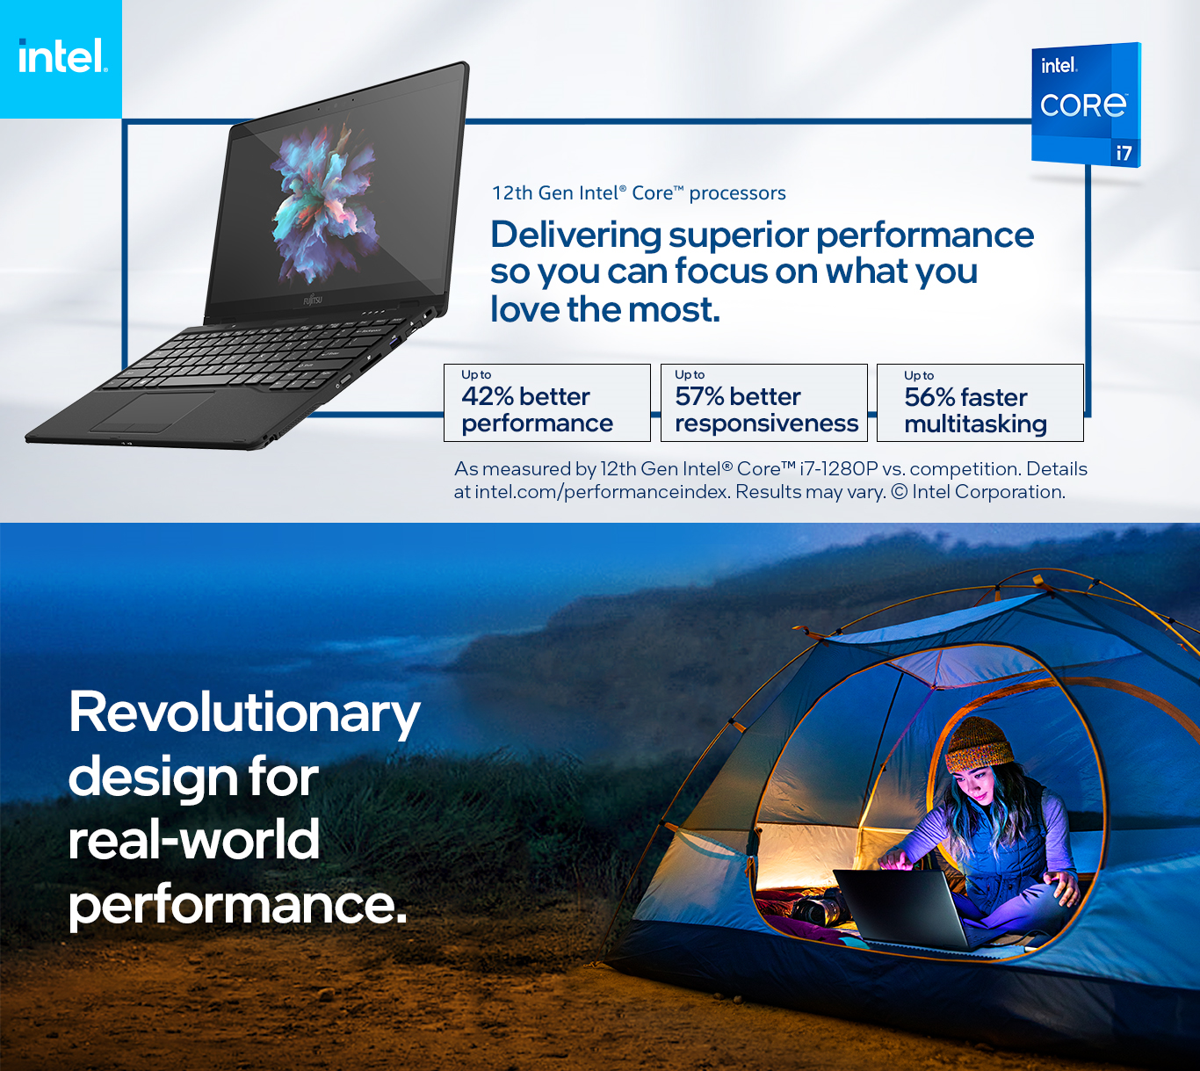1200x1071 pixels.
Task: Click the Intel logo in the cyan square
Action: [x=62, y=55]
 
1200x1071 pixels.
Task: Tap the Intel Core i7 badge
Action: [x=1087, y=105]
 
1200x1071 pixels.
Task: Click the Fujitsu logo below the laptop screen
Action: [x=313, y=300]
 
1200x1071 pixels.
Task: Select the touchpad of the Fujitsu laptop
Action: [x=153, y=411]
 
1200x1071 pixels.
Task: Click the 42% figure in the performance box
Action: [x=488, y=396]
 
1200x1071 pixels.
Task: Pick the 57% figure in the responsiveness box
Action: [x=699, y=396]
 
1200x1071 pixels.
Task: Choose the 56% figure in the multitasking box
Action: [x=930, y=397]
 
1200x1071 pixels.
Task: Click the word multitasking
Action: [x=975, y=424]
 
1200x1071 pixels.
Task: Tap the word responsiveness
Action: [x=766, y=423]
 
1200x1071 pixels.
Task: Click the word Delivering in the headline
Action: [x=575, y=235]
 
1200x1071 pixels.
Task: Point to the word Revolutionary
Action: [x=244, y=714]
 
